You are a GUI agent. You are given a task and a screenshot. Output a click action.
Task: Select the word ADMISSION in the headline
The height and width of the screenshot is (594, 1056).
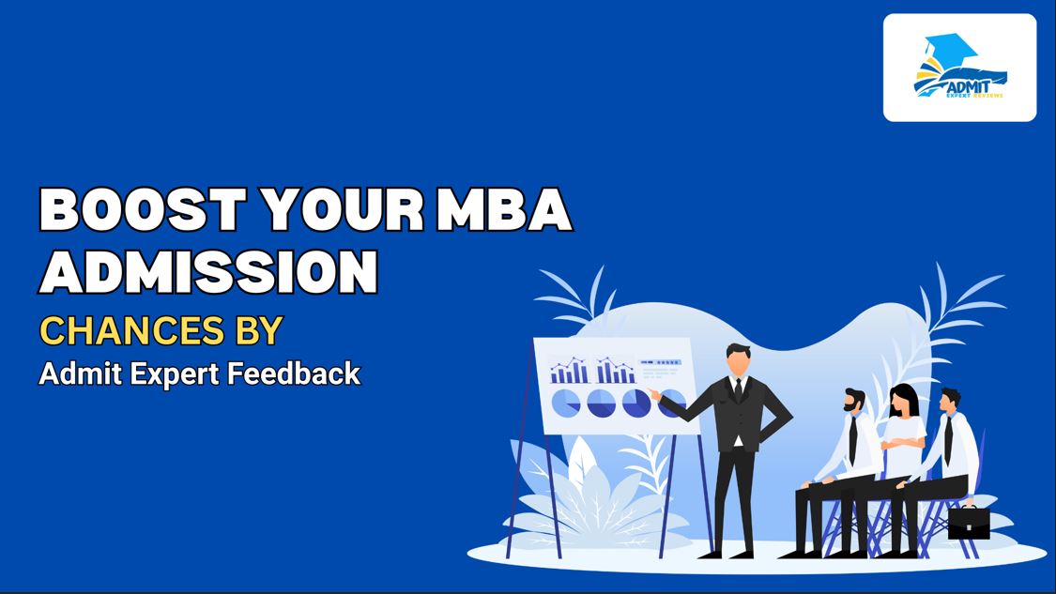pos(208,271)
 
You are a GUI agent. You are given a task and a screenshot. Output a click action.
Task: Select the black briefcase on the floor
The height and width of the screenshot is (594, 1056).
pos(968,522)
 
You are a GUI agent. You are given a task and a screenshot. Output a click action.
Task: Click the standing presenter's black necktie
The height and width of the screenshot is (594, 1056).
pos(739,388)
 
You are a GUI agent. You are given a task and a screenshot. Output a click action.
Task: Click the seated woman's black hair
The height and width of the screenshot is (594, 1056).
pos(902,398)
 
